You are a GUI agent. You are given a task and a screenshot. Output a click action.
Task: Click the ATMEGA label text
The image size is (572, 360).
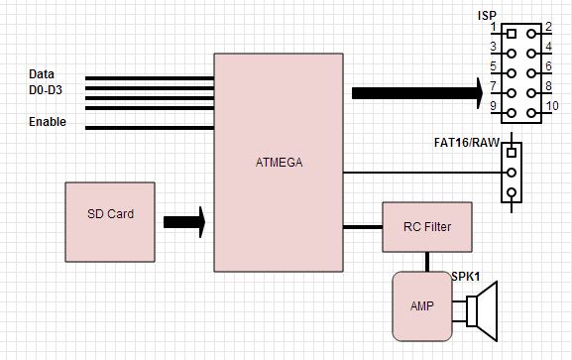point(278,162)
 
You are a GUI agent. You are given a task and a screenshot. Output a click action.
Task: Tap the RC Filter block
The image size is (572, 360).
point(427,227)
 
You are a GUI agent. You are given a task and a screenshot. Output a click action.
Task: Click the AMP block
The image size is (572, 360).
point(421,306)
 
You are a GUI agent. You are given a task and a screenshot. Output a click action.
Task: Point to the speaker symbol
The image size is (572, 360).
point(481,312)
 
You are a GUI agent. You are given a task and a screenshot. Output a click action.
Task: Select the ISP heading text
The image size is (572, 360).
point(488,15)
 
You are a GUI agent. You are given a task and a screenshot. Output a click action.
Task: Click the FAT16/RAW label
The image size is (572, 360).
point(466,142)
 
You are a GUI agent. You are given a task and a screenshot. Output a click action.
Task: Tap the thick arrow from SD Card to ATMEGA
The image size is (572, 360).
point(184,222)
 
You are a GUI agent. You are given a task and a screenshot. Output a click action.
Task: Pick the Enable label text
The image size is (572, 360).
point(48,122)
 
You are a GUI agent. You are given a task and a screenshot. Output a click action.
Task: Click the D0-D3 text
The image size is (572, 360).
point(48,90)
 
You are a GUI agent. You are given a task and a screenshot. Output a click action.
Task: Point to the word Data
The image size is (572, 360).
point(43,74)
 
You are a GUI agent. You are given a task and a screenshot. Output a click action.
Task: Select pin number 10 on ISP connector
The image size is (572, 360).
point(553,105)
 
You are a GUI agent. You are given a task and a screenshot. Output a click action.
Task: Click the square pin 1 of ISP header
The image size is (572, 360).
point(512,34)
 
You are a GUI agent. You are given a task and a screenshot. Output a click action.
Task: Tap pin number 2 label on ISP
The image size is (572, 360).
point(546,27)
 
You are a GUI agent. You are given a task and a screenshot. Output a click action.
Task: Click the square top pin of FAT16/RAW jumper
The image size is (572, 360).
point(512,153)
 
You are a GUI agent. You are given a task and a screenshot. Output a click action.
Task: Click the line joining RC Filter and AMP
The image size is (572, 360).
point(428,261)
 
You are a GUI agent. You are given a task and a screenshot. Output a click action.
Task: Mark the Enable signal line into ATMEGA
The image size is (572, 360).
point(149,127)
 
